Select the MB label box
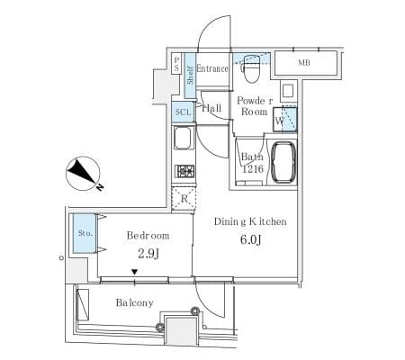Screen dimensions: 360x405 (x=305, y=63)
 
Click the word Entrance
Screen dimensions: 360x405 (x=212, y=69)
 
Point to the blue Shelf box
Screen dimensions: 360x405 (x=190, y=71)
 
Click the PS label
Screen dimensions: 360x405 (x=176, y=65)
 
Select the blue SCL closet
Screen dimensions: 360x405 (x=183, y=112)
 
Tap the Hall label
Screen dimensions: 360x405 (x=212, y=109)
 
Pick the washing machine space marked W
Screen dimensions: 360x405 (x=286, y=118)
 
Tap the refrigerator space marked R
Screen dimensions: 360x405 (x=184, y=199)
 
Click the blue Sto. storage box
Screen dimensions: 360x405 (x=84, y=234)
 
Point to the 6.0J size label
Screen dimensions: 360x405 (x=249, y=239)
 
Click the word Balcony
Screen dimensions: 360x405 (x=134, y=302)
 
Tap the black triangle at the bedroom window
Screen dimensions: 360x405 (x=135, y=273)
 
